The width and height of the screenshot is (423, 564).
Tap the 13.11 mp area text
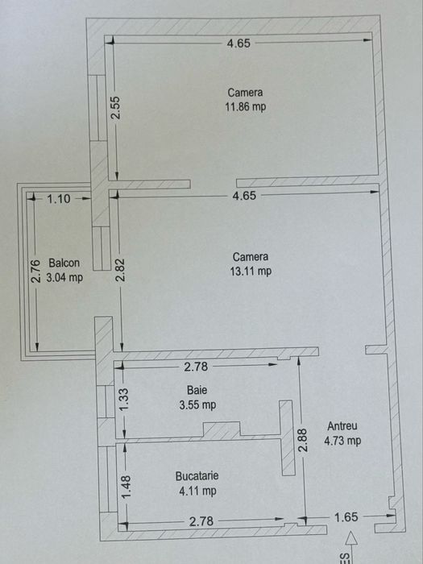click(x=251, y=272)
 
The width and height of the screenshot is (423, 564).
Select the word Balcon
click(x=64, y=263)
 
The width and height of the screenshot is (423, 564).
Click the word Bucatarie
click(x=197, y=475)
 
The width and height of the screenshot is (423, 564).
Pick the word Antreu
click(x=342, y=426)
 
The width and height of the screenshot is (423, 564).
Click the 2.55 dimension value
click(x=116, y=108)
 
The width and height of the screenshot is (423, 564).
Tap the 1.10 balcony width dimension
click(x=59, y=198)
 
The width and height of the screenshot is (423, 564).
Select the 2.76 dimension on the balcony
click(x=35, y=270)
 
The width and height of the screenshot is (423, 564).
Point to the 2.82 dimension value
click(x=120, y=270)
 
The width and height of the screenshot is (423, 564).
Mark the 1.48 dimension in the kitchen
click(x=123, y=484)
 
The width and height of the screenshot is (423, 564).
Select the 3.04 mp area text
click(x=64, y=278)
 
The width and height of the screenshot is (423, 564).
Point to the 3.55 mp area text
click(x=197, y=404)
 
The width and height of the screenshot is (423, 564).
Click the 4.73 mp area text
click(x=342, y=441)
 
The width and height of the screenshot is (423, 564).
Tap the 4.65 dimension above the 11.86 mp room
click(x=238, y=44)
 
